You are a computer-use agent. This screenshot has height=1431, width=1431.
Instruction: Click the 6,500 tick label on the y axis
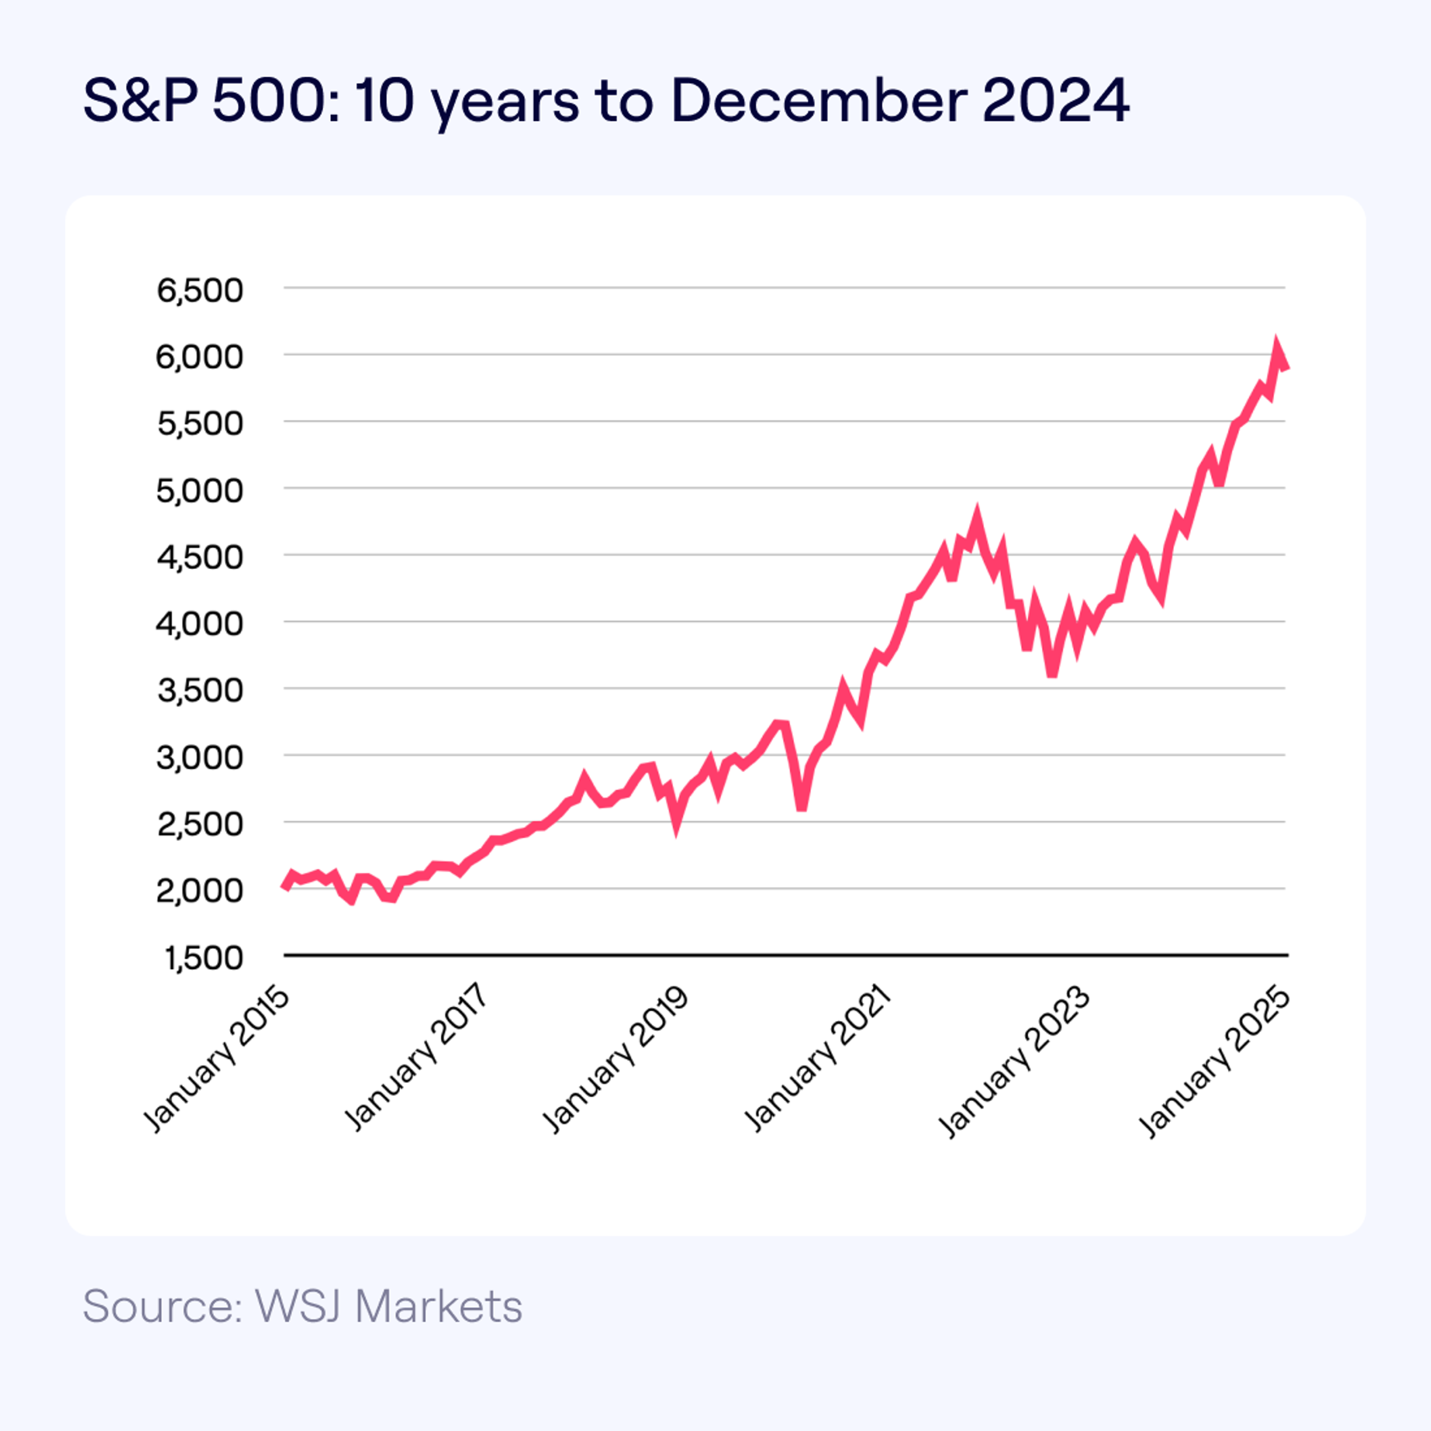pos(199,290)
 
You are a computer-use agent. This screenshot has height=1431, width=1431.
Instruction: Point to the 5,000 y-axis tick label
pos(199,490)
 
